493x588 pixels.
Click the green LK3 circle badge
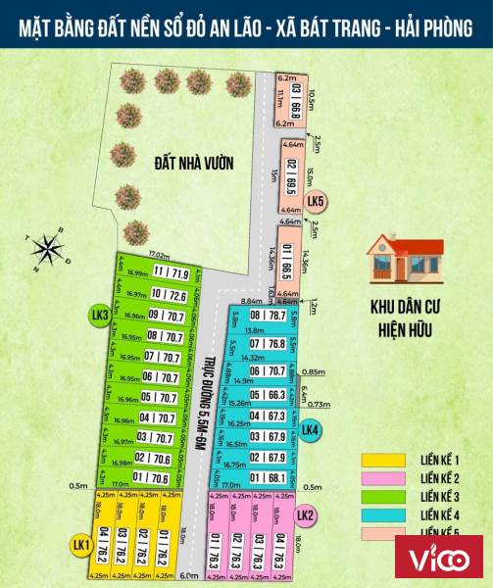click(x=98, y=316)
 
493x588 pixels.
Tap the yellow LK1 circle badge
click(x=80, y=545)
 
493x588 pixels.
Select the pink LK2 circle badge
click(x=305, y=515)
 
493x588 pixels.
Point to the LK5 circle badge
click(x=316, y=203)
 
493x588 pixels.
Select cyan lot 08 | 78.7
click(x=267, y=316)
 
